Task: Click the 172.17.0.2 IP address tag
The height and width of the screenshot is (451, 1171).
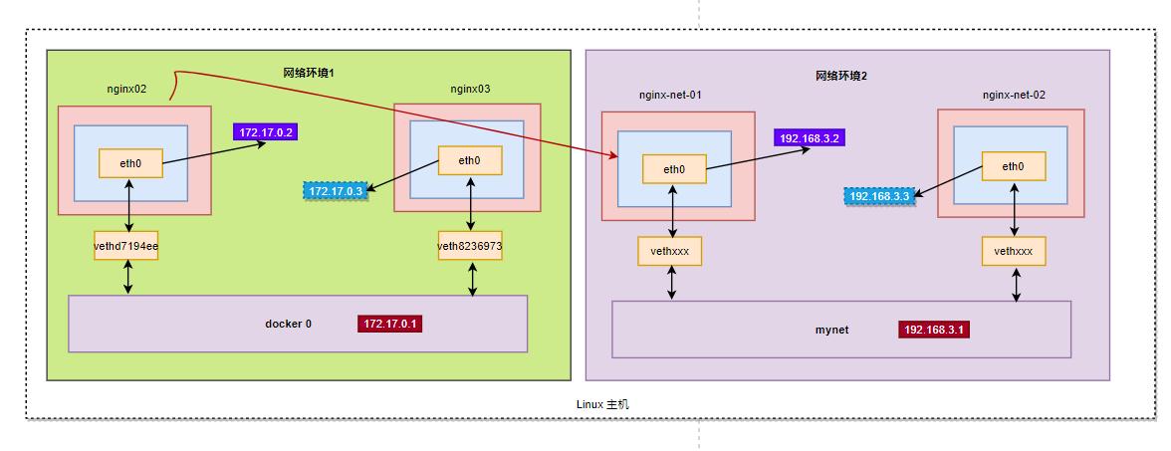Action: click(x=266, y=131)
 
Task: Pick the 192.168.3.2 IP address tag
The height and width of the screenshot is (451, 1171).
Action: click(x=811, y=137)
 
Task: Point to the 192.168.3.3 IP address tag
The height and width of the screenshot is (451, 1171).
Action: click(x=878, y=197)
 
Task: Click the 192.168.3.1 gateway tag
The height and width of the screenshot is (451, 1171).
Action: click(x=933, y=330)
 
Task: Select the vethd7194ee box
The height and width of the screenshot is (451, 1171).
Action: click(x=126, y=246)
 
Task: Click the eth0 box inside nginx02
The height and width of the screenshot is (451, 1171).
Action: click(x=129, y=163)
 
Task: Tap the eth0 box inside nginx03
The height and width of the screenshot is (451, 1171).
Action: click(x=469, y=160)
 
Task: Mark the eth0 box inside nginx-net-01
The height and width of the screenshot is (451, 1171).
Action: click(x=674, y=169)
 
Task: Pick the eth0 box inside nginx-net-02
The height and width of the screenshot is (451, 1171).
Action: click(x=1013, y=167)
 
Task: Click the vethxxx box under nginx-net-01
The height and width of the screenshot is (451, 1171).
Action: click(x=670, y=251)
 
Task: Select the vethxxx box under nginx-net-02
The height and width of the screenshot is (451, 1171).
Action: click(x=1014, y=251)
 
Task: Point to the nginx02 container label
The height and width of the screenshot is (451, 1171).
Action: click(x=126, y=89)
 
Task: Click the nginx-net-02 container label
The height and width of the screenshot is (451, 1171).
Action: click(x=1014, y=95)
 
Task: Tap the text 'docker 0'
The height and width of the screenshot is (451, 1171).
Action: click(x=288, y=324)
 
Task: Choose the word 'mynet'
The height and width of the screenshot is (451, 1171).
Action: click(x=831, y=330)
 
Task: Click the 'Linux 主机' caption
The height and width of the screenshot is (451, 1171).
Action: click(x=602, y=404)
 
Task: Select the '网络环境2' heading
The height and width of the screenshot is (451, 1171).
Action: click(x=841, y=76)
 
